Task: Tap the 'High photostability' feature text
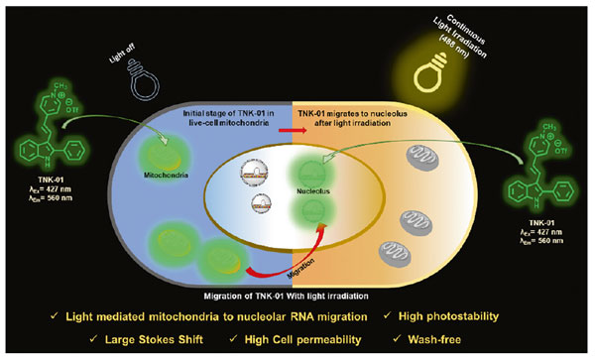(x=488, y=314)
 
